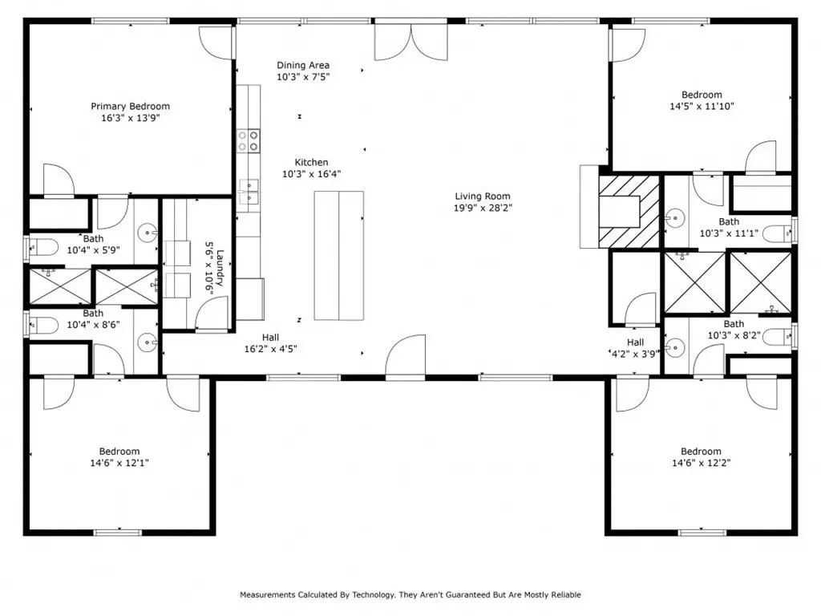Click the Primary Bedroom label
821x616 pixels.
[x=131, y=107]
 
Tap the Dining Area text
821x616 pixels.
[x=303, y=66]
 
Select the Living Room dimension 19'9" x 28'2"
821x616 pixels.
[x=483, y=208]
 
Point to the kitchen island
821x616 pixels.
[x=339, y=256]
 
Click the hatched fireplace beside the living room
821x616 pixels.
[x=629, y=212]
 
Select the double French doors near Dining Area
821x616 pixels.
[x=411, y=42]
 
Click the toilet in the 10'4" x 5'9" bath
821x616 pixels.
[x=42, y=247]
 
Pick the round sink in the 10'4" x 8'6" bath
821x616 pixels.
[x=148, y=343]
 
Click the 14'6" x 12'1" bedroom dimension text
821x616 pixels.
[x=119, y=463]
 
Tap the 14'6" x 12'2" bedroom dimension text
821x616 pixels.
[x=701, y=463]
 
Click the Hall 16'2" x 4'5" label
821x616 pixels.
[x=271, y=343]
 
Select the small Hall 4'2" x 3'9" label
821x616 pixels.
[x=635, y=348]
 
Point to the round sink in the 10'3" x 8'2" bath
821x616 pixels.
[x=674, y=348]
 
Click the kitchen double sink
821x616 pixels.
[x=249, y=191]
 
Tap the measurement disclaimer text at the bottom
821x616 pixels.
[x=410, y=594]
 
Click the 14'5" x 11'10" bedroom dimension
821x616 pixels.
[x=702, y=106]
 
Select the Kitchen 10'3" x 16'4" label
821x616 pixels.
[x=312, y=168]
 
